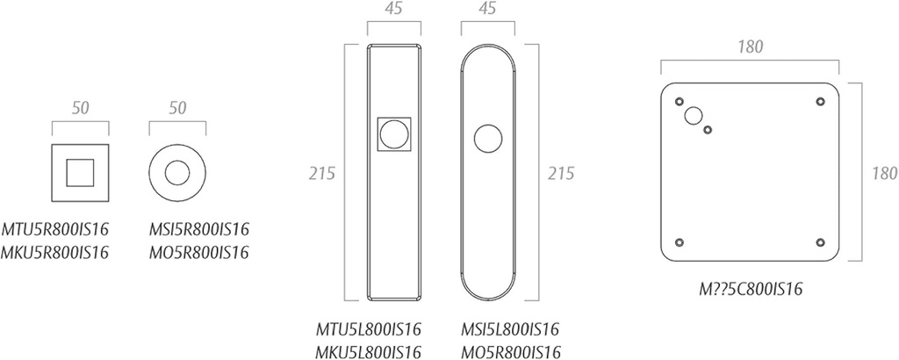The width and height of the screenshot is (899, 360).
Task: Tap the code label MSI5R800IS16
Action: coord(200,230)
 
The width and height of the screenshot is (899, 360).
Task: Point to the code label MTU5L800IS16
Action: coord(369,331)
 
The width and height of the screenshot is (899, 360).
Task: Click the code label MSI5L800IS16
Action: coord(510,331)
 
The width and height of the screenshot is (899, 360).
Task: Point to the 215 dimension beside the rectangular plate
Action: coord(321,173)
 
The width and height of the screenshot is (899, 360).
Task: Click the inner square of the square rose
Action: coord(81,172)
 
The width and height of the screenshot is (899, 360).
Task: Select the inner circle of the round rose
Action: coord(177,172)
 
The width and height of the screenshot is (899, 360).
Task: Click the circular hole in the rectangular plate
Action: coord(394,134)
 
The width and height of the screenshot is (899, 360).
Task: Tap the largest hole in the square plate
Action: coord(694,115)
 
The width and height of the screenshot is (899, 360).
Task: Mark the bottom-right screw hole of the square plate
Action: coord(820,241)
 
